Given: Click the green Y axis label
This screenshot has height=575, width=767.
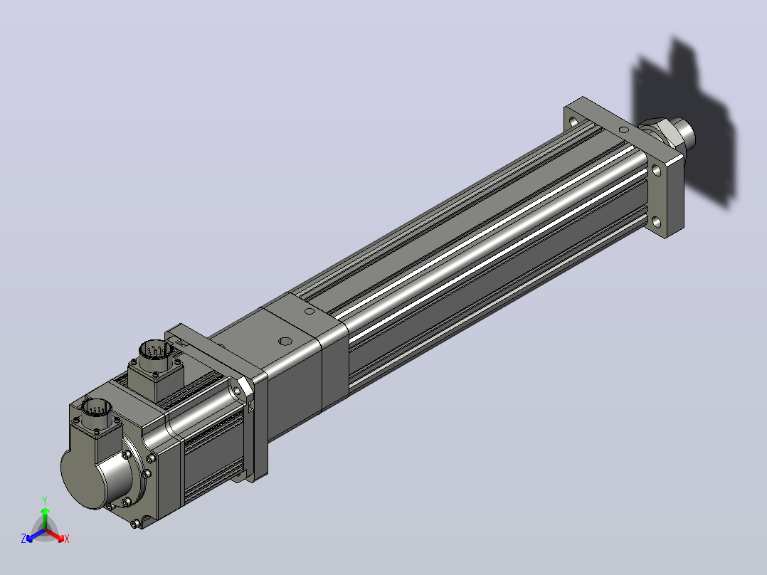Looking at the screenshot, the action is pos(45,500).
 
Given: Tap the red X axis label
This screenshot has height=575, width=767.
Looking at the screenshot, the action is pos(67,539).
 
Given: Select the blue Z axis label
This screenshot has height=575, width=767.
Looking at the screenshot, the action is pos(23,538).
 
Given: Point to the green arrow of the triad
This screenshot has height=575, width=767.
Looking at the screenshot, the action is pos(45,518).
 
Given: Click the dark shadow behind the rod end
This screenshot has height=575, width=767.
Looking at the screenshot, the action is pos(684,122).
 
